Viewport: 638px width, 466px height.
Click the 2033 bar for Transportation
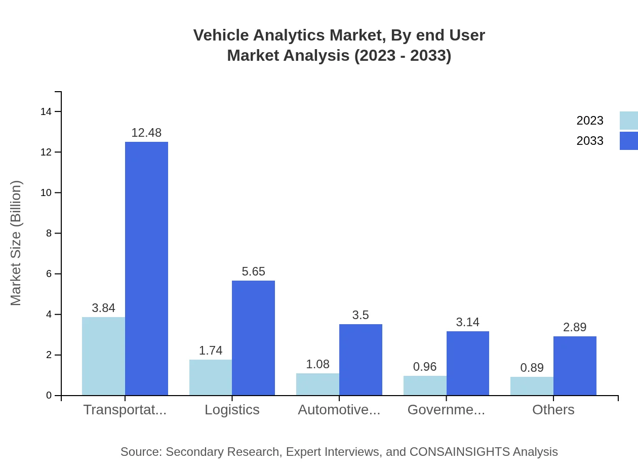[x=146, y=268]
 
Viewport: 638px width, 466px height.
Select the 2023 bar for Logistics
[x=211, y=377]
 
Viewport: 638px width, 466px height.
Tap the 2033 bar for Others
[x=575, y=366]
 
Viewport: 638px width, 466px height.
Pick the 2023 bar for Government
[x=425, y=385]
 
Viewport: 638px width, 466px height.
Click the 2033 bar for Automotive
[x=361, y=360]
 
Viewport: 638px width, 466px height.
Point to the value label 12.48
[x=146, y=133]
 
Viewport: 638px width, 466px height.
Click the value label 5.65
[x=253, y=271]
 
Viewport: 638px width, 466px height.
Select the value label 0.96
[x=425, y=367]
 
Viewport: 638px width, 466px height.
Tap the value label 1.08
[x=317, y=364]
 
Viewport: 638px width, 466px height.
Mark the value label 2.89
[x=575, y=327]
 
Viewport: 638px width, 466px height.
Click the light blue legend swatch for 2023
[x=628, y=121]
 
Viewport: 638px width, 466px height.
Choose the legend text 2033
[x=590, y=141]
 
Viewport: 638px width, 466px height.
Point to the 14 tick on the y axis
[x=46, y=112]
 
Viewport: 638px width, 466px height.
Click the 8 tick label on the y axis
[x=49, y=234]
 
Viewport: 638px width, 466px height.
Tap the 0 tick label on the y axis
[x=49, y=396]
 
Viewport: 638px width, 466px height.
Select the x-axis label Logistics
[x=232, y=410]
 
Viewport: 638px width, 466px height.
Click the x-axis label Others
[x=553, y=410]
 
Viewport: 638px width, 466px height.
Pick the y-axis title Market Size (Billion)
[x=16, y=243]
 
